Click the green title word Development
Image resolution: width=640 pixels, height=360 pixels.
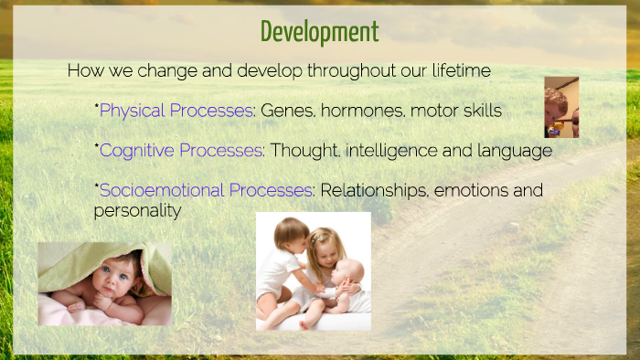[x=319, y=32]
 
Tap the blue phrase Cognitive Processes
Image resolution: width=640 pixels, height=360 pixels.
[x=181, y=150]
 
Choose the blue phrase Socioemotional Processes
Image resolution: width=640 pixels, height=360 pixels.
[x=206, y=190]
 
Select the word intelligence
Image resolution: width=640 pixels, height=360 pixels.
[x=384, y=150]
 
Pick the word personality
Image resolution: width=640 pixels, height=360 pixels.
[x=137, y=211]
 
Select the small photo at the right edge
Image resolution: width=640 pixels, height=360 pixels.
[x=560, y=107]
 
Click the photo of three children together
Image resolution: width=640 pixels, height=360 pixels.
[x=313, y=270]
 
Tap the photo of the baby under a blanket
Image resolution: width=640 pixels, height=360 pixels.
[x=104, y=284]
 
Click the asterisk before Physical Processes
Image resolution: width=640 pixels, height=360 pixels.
[x=96, y=107]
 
